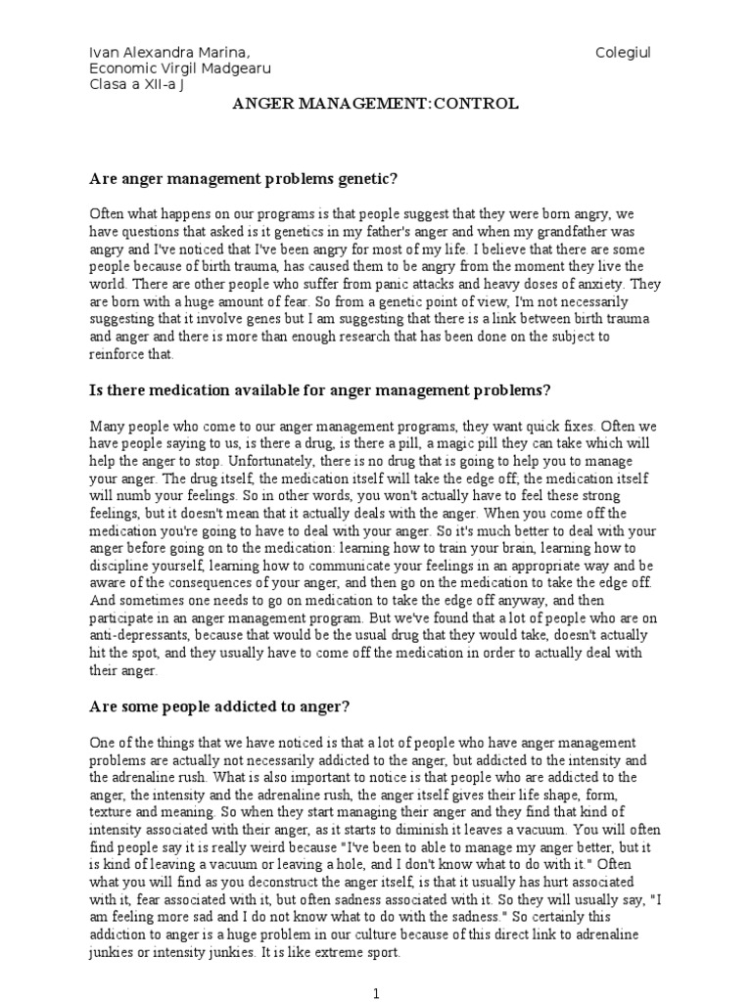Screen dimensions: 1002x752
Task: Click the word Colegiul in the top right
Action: click(x=624, y=51)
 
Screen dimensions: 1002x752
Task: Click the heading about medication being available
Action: click(x=320, y=390)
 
